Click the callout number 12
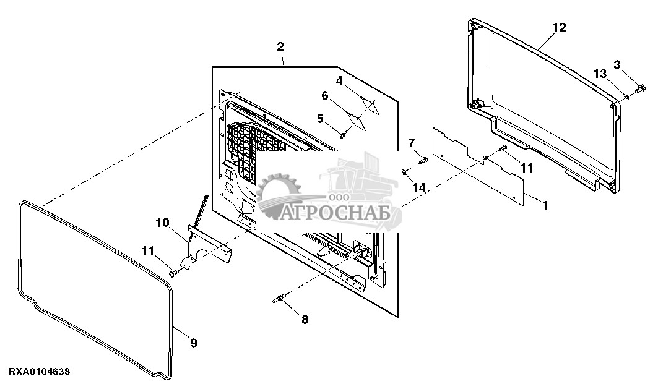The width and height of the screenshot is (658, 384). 559,28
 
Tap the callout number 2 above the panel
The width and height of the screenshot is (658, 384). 280,47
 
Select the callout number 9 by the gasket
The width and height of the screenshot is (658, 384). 194,343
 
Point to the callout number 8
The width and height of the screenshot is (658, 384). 304,320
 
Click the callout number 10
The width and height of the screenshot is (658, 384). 162,222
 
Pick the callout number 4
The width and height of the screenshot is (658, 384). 339,80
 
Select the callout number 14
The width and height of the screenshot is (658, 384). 419,187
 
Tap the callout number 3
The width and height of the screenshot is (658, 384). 617,64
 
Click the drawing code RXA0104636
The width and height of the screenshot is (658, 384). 39,372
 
